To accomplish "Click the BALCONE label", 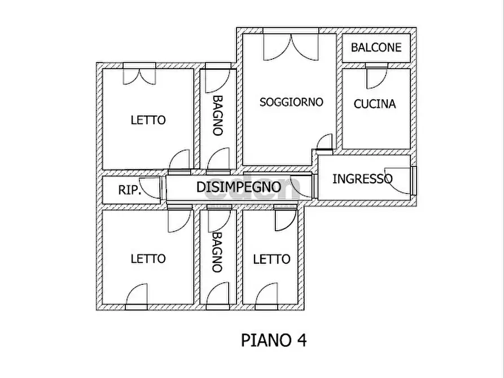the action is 376,47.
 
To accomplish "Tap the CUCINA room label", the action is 374,104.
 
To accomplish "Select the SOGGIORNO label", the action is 291,102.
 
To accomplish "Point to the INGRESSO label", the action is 362,179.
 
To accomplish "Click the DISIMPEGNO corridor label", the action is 239,187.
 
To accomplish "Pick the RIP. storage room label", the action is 130,190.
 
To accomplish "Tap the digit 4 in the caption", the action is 302,340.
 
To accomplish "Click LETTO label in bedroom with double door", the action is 148,120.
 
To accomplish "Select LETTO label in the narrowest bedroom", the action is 271,259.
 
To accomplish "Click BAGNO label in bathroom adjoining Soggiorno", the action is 218,116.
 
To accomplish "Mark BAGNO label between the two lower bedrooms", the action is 218,252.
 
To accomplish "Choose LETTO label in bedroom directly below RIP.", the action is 148,258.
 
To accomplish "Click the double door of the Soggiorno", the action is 291,47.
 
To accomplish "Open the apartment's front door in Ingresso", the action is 398,181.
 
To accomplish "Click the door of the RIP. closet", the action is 151,187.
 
